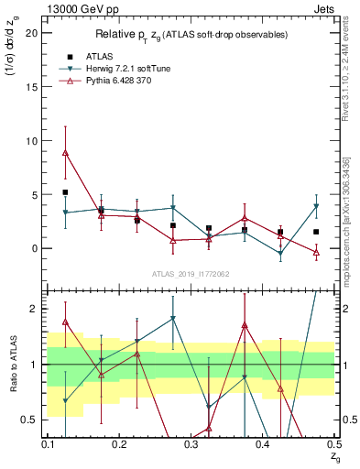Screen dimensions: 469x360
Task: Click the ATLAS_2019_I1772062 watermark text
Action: coord(191,274)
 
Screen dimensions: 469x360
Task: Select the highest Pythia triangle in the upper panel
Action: coord(65,152)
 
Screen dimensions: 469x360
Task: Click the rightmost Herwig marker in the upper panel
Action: coord(316,206)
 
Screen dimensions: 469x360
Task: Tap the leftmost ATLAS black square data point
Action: coord(65,192)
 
